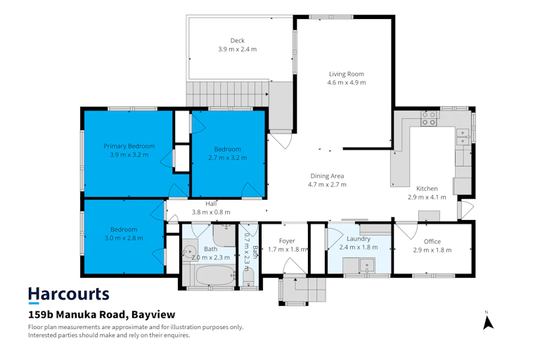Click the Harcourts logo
click(68, 295)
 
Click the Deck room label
click(237, 41)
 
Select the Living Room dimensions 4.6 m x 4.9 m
click(347, 83)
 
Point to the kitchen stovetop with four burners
click(429, 119)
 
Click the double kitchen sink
click(463, 137)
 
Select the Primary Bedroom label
click(129, 146)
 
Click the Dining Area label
click(327, 176)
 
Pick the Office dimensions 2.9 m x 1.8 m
click(432, 250)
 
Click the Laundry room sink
click(367, 265)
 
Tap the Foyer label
click(287, 241)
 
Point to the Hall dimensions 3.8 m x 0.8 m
click(211, 212)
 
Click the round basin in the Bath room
click(188, 252)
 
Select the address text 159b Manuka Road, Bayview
click(101, 314)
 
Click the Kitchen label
click(427, 188)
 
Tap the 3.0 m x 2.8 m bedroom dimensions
click(124, 238)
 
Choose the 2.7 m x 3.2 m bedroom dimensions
click(228, 157)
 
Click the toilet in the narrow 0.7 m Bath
click(249, 278)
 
